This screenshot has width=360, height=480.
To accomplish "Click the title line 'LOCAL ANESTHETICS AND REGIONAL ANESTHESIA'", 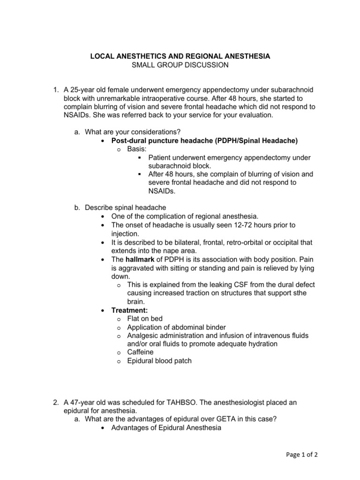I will pos(180,56).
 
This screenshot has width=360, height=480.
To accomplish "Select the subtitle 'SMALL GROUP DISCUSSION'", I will pos(180,65).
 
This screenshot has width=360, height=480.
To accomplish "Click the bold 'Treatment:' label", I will pos(129,310).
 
